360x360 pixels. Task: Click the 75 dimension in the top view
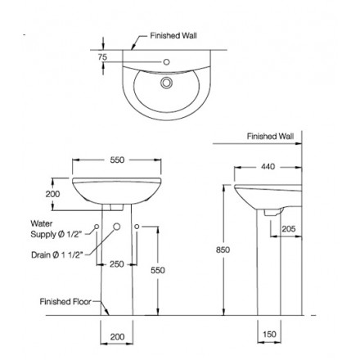click(102, 57)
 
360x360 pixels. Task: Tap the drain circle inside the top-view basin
click(167, 82)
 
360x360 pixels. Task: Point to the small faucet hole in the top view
click(167, 61)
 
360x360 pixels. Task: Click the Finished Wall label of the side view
click(270, 137)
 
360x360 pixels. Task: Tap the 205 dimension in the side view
click(287, 230)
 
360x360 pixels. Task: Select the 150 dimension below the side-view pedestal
click(270, 335)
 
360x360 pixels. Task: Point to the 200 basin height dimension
click(53, 194)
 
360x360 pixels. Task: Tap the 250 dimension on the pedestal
click(115, 264)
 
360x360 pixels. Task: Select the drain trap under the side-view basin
click(271, 211)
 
